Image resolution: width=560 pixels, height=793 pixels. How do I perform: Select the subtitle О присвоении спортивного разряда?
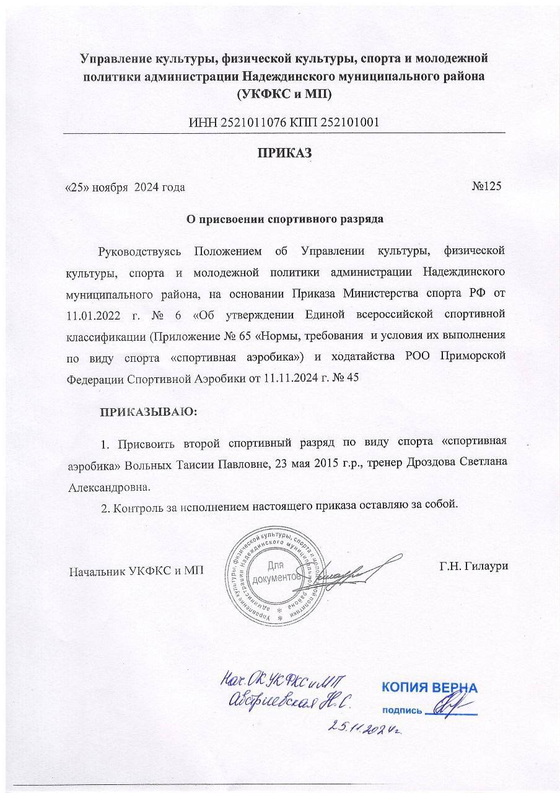285,219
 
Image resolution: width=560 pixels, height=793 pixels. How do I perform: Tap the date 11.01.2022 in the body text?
94,315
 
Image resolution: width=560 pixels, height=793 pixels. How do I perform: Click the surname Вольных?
147,464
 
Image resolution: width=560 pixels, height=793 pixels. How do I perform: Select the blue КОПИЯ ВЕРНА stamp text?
429,687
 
